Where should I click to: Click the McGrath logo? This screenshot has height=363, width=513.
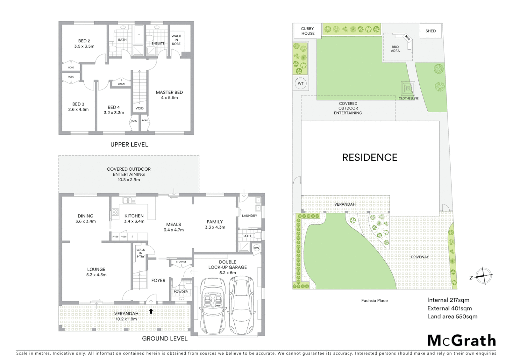(462, 340)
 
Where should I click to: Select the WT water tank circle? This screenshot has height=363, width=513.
(300, 83)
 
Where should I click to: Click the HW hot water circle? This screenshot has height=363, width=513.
(256, 248)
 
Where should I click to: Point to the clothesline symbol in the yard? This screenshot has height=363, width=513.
(408, 88)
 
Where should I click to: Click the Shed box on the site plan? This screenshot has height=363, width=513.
(430, 31)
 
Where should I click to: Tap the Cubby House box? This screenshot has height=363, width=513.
(308, 31)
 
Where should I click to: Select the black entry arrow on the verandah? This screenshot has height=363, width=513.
(151, 311)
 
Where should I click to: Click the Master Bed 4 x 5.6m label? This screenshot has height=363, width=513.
(169, 95)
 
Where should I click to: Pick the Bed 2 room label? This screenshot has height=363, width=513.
(84, 44)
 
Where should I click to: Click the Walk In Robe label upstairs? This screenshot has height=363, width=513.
(176, 40)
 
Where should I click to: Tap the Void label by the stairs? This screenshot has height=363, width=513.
(139, 108)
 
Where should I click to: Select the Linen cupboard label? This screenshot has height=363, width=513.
(121, 84)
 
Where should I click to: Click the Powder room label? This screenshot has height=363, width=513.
(181, 292)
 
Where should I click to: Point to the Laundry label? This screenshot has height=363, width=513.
(249, 216)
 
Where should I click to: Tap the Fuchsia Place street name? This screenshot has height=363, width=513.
(374, 300)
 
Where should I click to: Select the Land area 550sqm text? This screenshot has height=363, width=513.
(452, 316)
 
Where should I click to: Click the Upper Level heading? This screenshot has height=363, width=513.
(129, 145)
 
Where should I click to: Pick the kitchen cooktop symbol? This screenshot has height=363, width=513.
(115, 212)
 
